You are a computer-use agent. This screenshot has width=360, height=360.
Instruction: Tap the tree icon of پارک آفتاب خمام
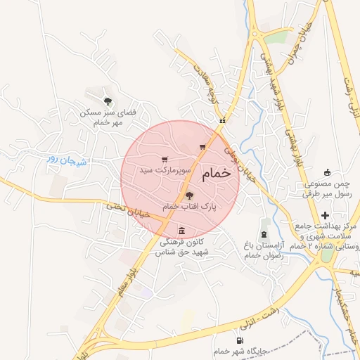(189, 195)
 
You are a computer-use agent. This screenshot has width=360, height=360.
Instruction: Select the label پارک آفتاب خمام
(189, 207)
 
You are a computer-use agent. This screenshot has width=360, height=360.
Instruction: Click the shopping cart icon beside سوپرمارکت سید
(165, 160)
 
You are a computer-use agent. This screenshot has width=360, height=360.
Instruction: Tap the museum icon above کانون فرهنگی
(182, 231)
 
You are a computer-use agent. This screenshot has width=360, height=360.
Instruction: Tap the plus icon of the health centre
(325, 214)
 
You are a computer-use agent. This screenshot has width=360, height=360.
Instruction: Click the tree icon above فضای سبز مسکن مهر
(107, 101)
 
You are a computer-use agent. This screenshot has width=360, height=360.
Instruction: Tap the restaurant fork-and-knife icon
(222, 120)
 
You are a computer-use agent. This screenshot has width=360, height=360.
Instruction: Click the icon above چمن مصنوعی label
(326, 172)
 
